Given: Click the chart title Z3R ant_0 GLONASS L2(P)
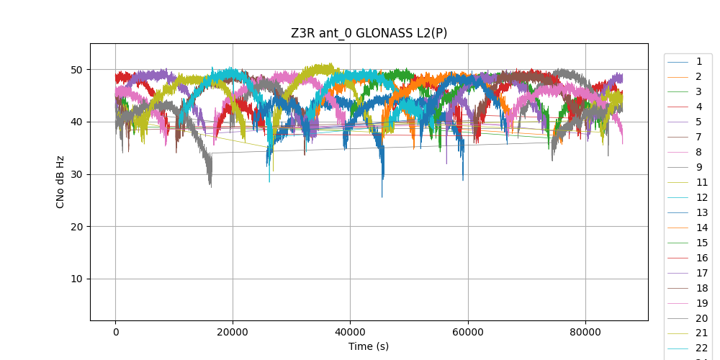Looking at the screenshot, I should coord(369,33).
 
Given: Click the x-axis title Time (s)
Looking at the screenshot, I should coord(369,346).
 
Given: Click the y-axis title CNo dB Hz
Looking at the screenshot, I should coord(60,182).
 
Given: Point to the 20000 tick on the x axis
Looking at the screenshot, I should coord(233,332).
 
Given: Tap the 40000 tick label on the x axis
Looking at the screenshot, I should coord(350,332).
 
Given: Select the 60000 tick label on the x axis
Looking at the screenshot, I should coord(467,332).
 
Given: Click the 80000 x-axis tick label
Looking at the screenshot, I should coord(585,332).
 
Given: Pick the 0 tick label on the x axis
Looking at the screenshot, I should coord(115,332).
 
